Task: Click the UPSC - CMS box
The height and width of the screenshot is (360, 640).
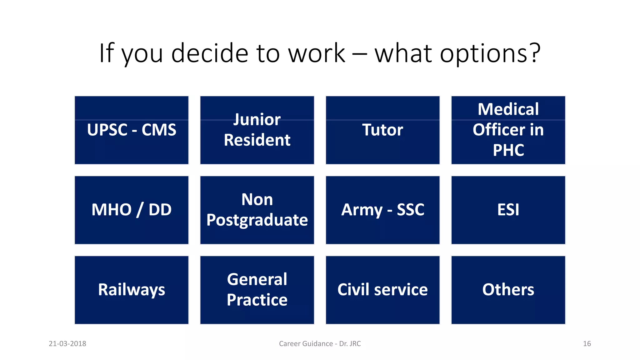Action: pyautogui.click(x=132, y=130)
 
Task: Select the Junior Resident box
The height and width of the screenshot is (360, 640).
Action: pyautogui.click(x=257, y=130)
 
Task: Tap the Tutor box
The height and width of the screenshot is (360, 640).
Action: pyautogui.click(x=382, y=130)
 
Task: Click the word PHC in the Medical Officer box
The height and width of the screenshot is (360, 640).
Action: pyautogui.click(x=508, y=150)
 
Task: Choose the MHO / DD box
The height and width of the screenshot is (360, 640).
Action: pyautogui.click(x=132, y=210)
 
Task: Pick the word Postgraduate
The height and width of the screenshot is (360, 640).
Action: pyautogui.click(x=257, y=220)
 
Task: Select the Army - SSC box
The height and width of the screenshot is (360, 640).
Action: pyautogui.click(x=382, y=210)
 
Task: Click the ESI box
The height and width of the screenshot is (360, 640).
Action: pyautogui.click(x=508, y=210)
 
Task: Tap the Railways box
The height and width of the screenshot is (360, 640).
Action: pyautogui.click(x=132, y=290)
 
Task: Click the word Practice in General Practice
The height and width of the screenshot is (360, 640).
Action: pyautogui.click(x=257, y=300)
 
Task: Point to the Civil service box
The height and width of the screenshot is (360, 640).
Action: pyautogui.click(x=382, y=290)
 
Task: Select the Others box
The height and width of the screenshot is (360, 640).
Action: pyautogui.click(x=508, y=290)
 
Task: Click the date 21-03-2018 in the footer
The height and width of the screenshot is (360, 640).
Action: pyautogui.click(x=67, y=344)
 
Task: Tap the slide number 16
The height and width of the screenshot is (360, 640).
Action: pyautogui.click(x=587, y=344)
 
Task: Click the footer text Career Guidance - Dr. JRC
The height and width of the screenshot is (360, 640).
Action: pyautogui.click(x=320, y=344)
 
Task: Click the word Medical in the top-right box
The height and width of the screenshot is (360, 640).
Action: pyautogui.click(x=508, y=109)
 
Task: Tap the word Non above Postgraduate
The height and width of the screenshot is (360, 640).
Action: pyautogui.click(x=257, y=199)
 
